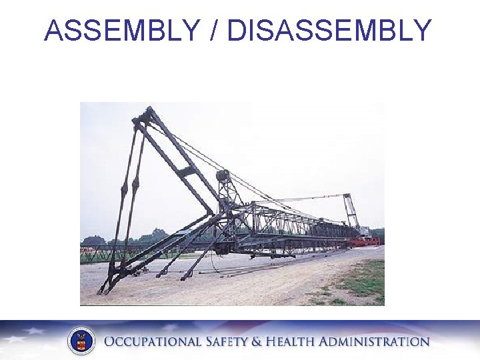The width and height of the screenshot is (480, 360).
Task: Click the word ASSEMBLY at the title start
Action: point(121,31)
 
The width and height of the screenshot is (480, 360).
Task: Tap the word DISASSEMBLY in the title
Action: point(329,31)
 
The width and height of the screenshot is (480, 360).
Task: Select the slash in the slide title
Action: point(213,31)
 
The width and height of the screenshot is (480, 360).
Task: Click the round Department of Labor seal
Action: point(81,341)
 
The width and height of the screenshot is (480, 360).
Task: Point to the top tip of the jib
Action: point(148,110)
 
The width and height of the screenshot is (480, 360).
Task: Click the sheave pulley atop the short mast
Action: point(223,176)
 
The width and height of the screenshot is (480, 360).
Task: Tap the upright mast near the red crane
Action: point(349,210)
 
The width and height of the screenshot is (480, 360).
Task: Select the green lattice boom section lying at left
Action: point(107,253)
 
